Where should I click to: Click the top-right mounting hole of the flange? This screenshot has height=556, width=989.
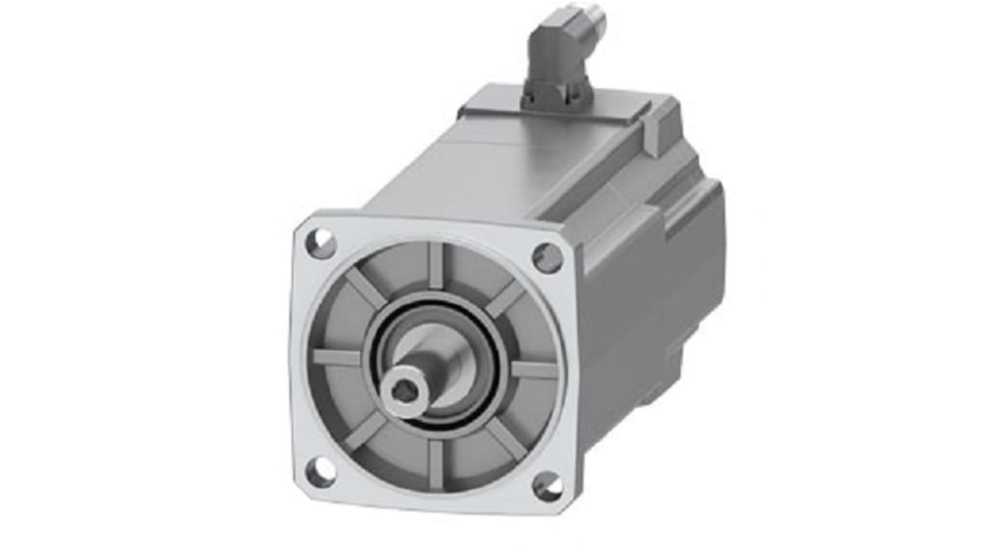pyautogui.click(x=547, y=258)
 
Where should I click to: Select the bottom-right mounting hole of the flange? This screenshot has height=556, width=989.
pyautogui.click(x=548, y=486)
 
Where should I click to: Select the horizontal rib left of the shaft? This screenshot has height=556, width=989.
pyautogui.click(x=337, y=357)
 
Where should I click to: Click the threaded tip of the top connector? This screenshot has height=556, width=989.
pyautogui.click(x=596, y=21)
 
